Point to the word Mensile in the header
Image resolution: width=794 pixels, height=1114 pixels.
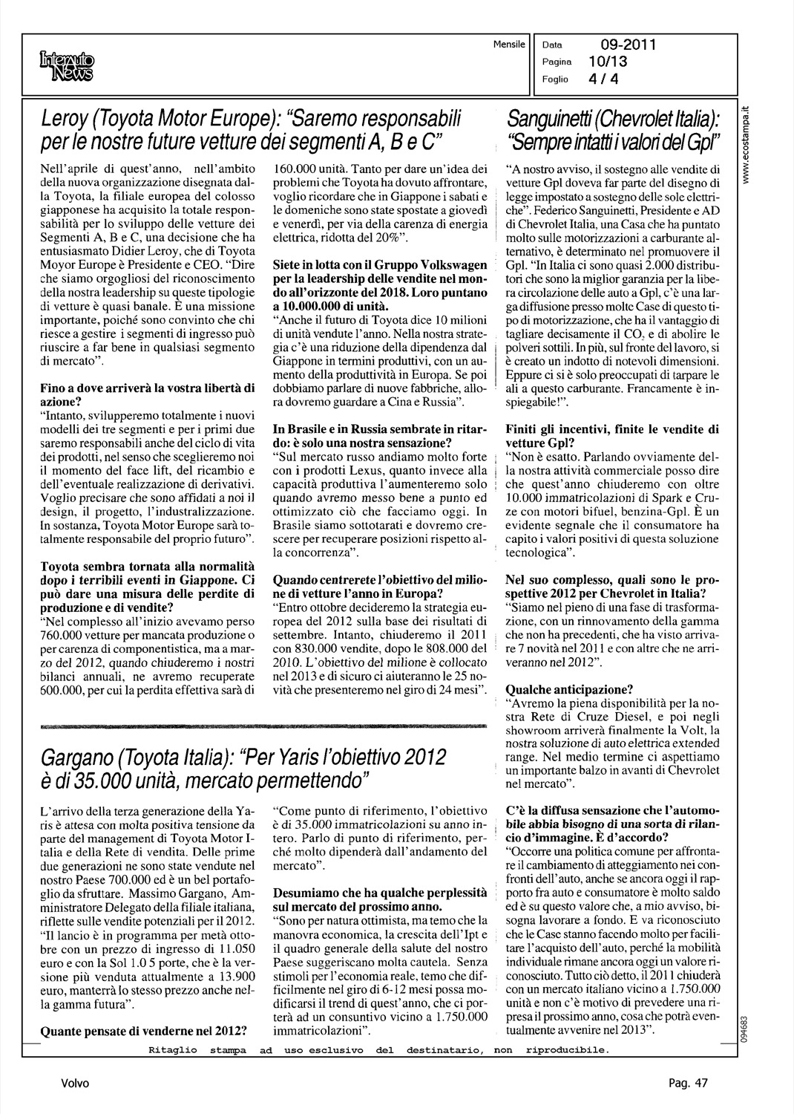(509, 45)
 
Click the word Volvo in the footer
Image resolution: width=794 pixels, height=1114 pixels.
(76, 1084)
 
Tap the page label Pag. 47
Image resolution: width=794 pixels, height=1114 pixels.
(687, 1084)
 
